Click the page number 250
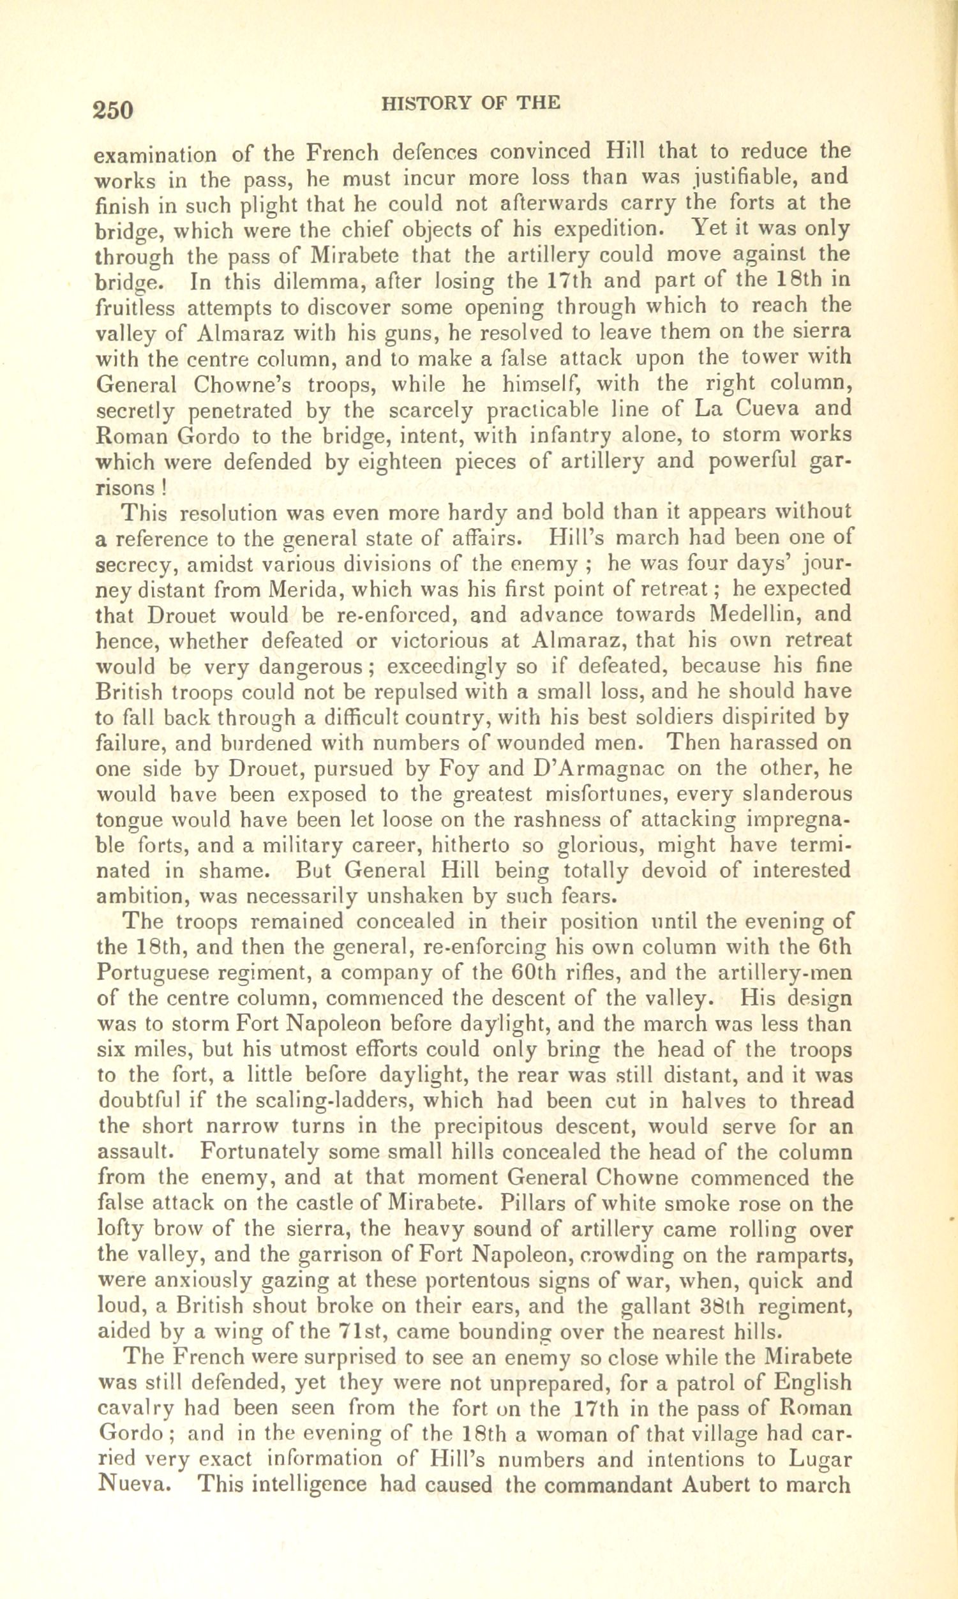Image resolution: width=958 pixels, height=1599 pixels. pos(113,109)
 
